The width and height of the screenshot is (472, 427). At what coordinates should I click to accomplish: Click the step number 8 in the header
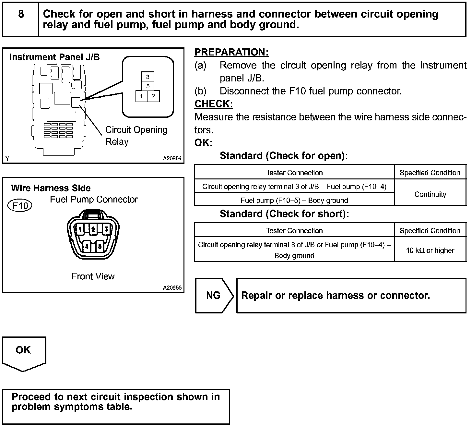(21, 14)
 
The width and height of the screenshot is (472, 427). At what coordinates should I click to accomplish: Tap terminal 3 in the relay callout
(147, 77)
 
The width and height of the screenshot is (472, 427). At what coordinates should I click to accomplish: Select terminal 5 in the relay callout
(147, 86)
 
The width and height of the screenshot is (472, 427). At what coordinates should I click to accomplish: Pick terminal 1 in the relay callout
(141, 96)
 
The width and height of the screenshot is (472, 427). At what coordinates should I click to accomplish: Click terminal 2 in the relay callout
(153, 96)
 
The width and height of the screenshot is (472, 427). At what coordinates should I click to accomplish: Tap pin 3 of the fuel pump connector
(106, 229)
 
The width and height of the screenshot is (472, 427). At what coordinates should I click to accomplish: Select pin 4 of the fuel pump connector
(87, 246)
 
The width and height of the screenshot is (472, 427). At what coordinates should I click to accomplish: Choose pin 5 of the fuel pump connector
(100, 246)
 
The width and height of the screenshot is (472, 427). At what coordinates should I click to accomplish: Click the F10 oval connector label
(20, 206)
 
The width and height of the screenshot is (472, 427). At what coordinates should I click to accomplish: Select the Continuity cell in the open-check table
(430, 194)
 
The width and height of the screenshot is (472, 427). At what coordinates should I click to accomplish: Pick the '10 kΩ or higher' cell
(430, 250)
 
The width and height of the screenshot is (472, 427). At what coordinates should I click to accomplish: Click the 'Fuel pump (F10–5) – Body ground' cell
(294, 200)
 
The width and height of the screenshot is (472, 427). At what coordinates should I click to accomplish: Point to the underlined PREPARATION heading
(231, 52)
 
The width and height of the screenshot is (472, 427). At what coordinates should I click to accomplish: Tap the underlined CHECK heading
(214, 104)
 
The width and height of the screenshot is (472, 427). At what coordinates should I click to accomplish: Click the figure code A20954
(172, 158)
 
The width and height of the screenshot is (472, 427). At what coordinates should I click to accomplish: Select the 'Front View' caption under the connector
(93, 276)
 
